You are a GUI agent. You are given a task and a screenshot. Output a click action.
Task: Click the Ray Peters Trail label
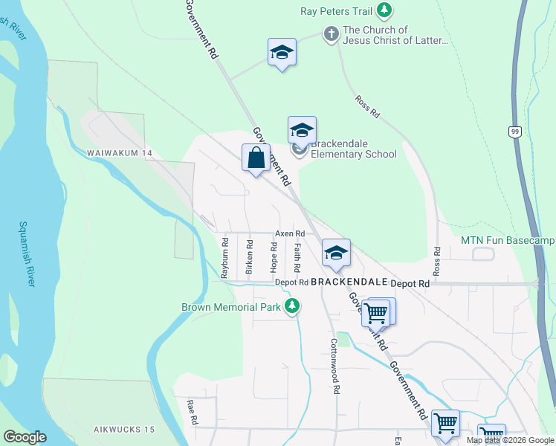pyautogui.click(x=336, y=11)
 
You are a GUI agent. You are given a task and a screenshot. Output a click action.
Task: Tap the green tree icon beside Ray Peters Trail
pyautogui.click(x=384, y=10)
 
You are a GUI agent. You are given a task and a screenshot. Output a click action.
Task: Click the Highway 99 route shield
pyautogui.click(x=514, y=132)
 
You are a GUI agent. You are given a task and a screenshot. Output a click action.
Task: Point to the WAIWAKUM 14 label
pyautogui.click(x=119, y=153)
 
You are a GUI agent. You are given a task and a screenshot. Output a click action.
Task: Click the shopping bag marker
pyautogui.click(x=256, y=158)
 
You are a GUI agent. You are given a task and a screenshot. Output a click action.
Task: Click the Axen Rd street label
pyautogui.click(x=285, y=233)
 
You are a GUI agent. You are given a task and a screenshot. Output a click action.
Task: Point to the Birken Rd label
pyautogui.click(x=249, y=255)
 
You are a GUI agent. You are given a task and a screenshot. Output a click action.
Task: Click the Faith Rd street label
pyautogui.click(x=297, y=256)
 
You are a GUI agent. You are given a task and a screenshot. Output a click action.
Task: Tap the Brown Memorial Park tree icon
pyautogui.click(x=293, y=306)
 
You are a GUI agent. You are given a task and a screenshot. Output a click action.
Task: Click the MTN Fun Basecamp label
pyautogui.click(x=508, y=240)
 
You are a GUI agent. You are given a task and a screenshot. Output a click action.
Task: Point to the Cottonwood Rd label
pyautogui.click(x=336, y=366)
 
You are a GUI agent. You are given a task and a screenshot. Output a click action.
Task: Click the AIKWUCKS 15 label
pyautogui.click(x=124, y=430)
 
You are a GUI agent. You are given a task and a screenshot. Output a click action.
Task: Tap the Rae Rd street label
pyautogui.click(x=193, y=411)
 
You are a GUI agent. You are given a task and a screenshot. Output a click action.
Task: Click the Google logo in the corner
pyautogui.click(x=25, y=437)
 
